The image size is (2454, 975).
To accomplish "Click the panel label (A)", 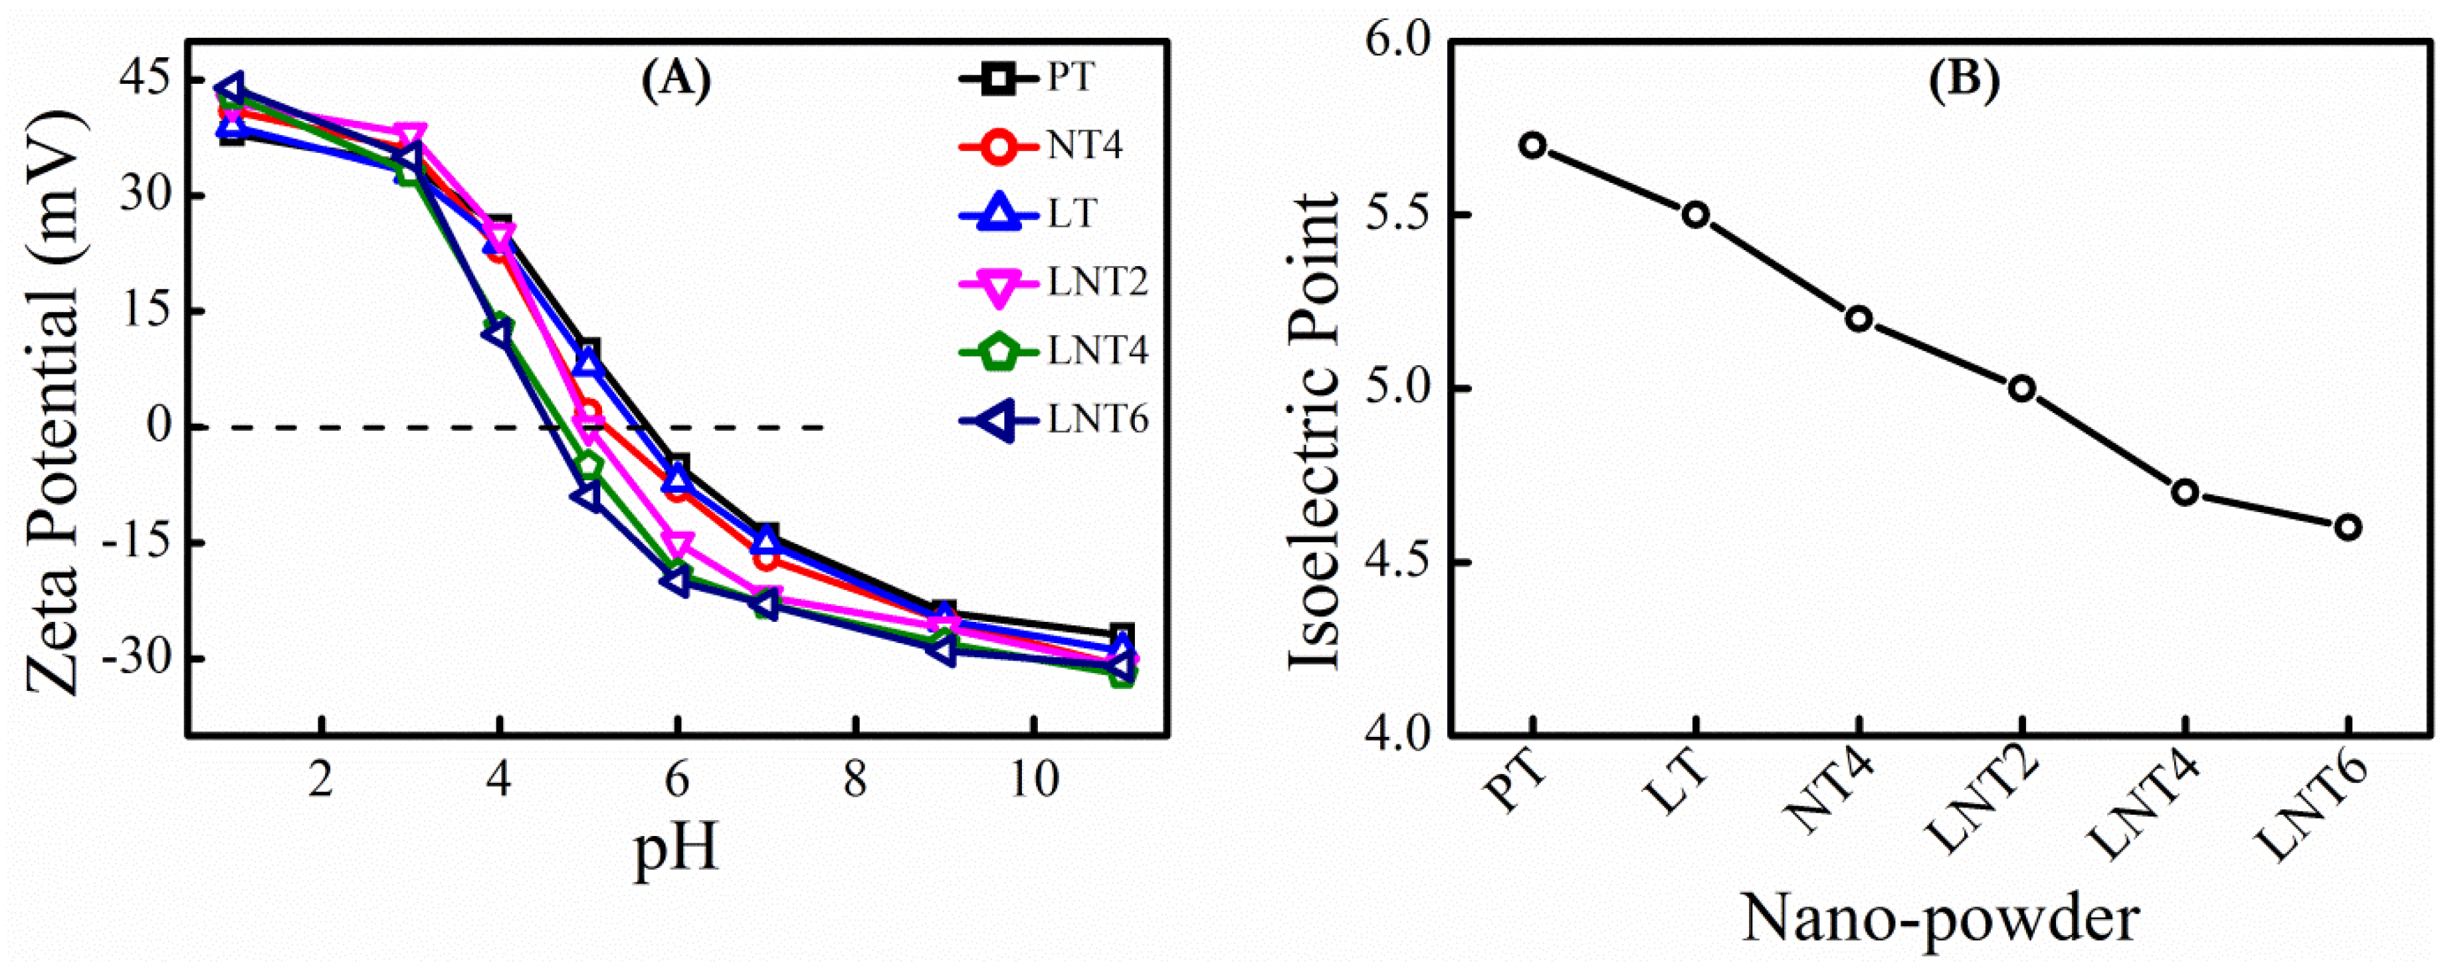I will (675, 81).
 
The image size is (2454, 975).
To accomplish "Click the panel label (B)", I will (1964, 81).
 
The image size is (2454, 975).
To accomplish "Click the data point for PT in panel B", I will (1532, 146).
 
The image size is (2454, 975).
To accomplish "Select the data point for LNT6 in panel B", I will (2347, 527).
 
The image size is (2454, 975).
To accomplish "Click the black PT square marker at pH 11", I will (1122, 634).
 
